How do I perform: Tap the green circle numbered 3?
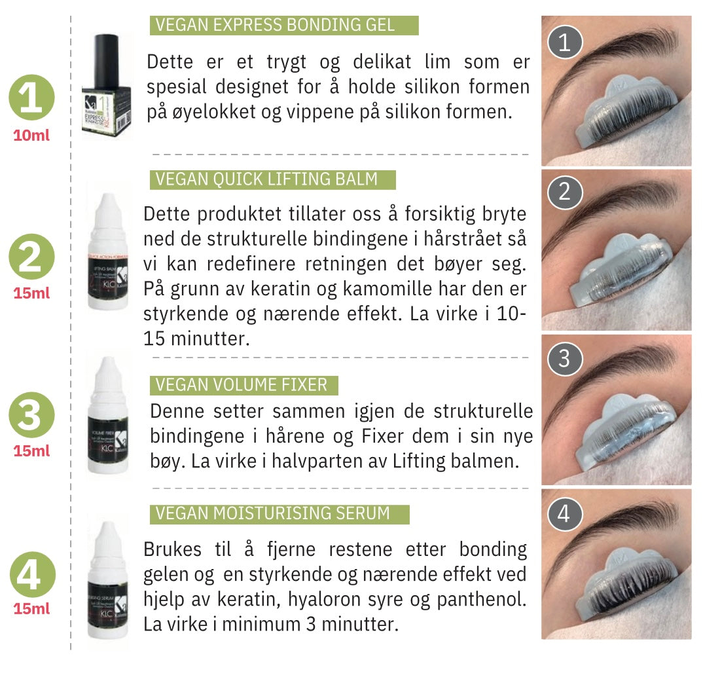click(x=31, y=416)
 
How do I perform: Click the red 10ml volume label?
click(x=31, y=136)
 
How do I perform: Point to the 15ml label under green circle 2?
click(x=31, y=293)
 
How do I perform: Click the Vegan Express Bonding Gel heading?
click(x=283, y=26)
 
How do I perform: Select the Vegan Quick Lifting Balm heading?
click(x=272, y=179)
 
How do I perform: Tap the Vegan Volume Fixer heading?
click(x=244, y=385)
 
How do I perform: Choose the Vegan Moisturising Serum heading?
click(x=279, y=514)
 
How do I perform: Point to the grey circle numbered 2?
click(x=564, y=193)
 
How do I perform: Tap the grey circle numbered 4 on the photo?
click(x=564, y=515)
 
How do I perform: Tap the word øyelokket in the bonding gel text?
click(x=213, y=111)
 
